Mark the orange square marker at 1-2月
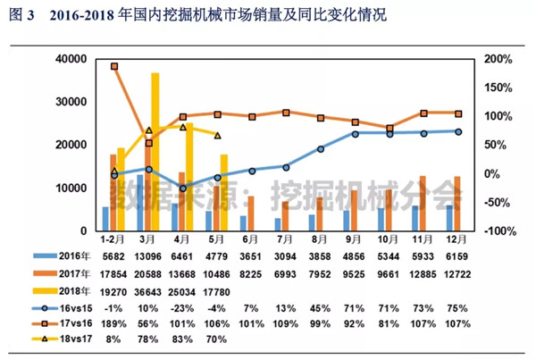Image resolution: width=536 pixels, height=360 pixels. pos(114,66)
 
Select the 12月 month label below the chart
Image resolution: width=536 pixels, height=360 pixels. pos(457,240)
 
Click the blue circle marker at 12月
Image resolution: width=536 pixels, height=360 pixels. pos(457,131)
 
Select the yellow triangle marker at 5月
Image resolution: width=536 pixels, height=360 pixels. pos(219,136)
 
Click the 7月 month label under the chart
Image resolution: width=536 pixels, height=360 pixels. pos(285,240)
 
